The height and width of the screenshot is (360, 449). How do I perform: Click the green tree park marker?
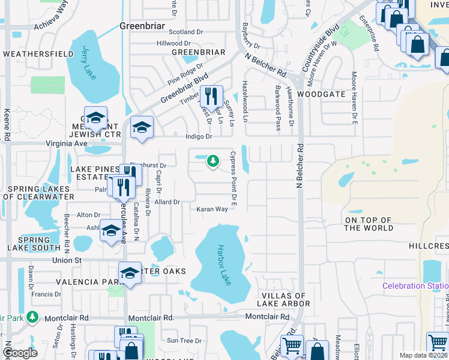click(x=212, y=161)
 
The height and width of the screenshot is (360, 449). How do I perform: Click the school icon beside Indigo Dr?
click(x=142, y=127)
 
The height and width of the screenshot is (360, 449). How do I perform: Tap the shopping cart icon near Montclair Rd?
click(x=292, y=346)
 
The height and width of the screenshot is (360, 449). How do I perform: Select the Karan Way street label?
click(x=212, y=209)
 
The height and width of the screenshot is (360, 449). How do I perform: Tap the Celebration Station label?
click(x=415, y=286)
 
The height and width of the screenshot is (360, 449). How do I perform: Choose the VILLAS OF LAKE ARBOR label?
click(x=285, y=299)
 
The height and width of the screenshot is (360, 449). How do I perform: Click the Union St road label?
click(x=67, y=260)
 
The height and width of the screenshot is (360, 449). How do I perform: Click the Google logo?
click(x=20, y=353)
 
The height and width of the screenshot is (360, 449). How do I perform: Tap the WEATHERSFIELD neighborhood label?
click(x=38, y=54)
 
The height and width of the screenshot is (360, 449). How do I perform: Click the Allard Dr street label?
click(x=168, y=202)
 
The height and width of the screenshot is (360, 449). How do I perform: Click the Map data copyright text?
click(x=423, y=355)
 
